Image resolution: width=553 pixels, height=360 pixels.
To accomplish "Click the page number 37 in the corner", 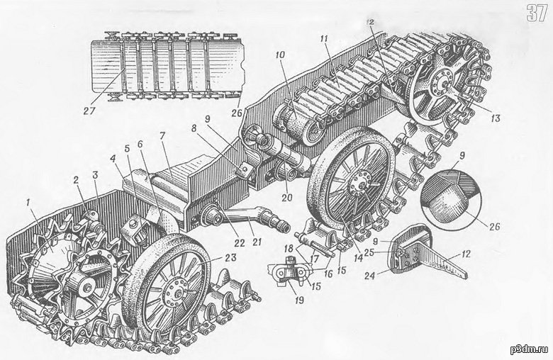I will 537,13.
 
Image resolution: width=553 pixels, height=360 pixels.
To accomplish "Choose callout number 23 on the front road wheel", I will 212,259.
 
